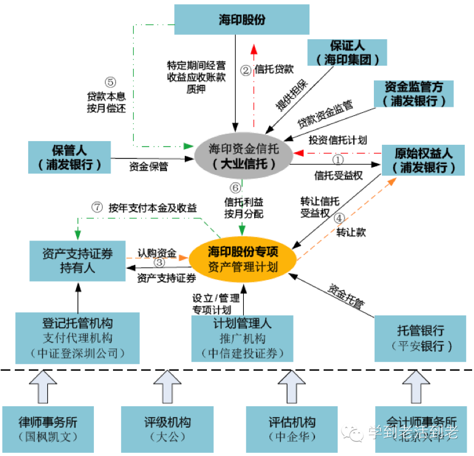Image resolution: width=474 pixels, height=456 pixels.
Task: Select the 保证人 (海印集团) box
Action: pos(348,53)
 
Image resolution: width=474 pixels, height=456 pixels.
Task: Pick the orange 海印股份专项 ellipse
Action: pos(243,259)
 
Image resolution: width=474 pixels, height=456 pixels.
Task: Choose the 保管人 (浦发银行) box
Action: pos(69,157)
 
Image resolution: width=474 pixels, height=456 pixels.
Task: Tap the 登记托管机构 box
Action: pos(77,338)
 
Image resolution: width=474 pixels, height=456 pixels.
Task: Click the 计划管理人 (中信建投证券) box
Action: pos(243,338)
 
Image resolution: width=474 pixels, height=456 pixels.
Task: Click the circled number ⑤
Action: pos(110,82)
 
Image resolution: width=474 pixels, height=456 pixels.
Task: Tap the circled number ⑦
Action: pos(96,207)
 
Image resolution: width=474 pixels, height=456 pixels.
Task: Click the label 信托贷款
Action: pos(274,69)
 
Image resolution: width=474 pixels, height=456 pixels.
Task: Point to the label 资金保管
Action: pos(149,166)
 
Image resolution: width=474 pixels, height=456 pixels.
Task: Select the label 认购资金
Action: pos(157,252)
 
